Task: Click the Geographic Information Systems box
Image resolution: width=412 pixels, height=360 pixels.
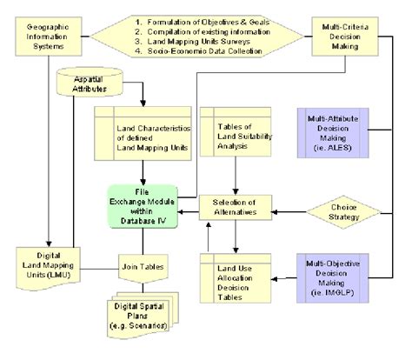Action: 41,32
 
